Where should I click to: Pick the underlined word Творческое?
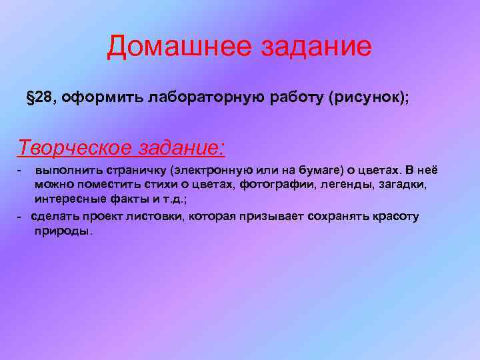(73, 146)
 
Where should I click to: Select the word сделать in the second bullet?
(53, 217)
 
